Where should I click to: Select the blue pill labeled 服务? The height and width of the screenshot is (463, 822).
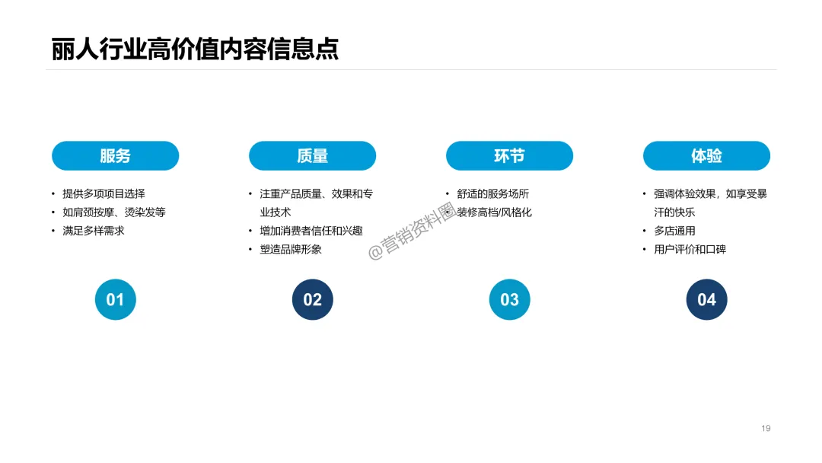coord(115,156)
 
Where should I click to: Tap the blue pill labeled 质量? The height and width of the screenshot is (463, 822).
coord(312,156)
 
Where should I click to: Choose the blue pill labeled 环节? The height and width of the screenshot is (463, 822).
coord(509,156)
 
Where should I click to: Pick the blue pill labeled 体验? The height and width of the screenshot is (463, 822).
coord(706,156)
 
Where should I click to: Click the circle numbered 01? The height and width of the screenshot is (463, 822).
coord(115,299)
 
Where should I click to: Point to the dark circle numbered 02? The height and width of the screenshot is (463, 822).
coord(312,299)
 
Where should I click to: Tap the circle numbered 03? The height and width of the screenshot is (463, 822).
coord(509,299)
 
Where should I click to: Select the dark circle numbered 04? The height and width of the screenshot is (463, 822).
coord(706,299)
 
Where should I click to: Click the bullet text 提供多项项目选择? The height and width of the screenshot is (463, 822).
coord(104,194)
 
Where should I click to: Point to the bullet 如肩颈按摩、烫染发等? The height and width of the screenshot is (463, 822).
coord(114,212)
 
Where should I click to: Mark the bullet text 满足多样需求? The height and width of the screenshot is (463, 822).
coord(94,231)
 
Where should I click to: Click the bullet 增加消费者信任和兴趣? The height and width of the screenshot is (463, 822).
coord(311,231)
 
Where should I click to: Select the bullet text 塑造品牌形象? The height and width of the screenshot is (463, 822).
coord(291,249)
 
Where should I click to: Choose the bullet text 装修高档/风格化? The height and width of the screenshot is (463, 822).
coord(495,212)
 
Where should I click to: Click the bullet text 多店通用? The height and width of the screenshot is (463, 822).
coord(674,231)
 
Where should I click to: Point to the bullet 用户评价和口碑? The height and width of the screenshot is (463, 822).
coord(690,249)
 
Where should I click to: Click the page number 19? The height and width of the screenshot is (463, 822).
coord(766,428)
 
